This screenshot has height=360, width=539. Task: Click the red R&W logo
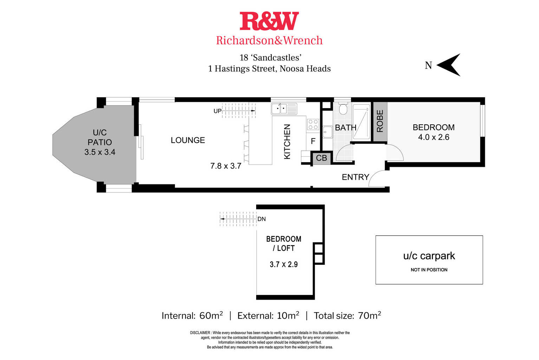tap(269, 21)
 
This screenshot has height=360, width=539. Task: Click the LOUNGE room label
tap(188, 140)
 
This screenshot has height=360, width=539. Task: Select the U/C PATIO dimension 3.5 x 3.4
tap(100, 152)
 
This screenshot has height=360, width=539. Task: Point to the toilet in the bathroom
tap(343, 109)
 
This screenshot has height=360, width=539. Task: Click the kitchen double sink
tap(284, 109)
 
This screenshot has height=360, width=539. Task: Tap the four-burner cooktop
tap(313, 125)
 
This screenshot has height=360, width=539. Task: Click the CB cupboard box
tap(322, 158)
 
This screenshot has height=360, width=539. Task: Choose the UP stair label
tap(217, 111)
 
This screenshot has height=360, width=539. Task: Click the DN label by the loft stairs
tap(261, 219)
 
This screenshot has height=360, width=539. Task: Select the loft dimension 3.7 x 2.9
tap(284, 264)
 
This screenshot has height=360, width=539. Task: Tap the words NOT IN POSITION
tap(429, 270)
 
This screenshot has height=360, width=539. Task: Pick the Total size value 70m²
tap(369, 315)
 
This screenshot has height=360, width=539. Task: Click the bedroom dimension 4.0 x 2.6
tap(434, 137)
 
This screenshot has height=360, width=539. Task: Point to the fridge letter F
tap(313, 141)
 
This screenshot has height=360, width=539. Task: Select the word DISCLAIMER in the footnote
tap(200, 333)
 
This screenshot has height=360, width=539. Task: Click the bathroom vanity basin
tap(327, 132)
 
